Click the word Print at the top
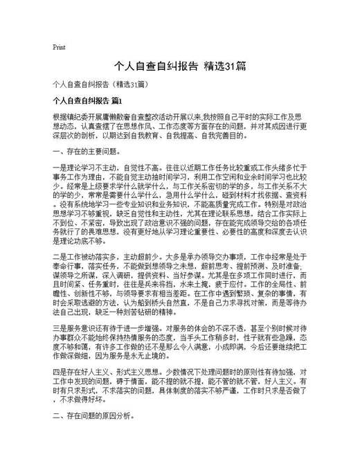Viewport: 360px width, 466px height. [59, 48]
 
